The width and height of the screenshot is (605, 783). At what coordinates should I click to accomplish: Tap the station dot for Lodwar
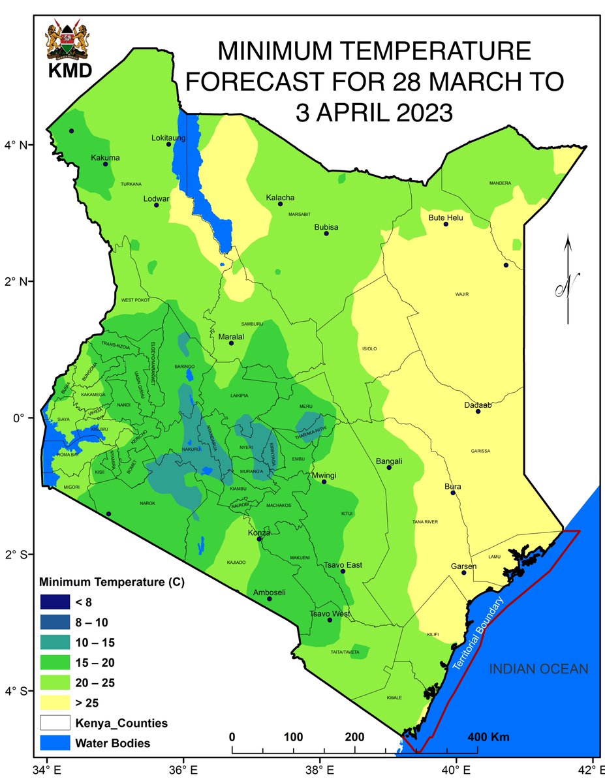pos(157,205)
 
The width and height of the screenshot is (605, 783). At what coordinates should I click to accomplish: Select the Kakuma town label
pos(106,157)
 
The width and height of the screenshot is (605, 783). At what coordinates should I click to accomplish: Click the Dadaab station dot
pos(478,411)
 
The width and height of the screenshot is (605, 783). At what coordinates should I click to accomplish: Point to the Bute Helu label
pos(445,217)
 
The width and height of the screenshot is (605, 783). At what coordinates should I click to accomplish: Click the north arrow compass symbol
pos(568,281)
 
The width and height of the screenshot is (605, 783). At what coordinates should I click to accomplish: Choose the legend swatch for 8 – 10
pos(57,619)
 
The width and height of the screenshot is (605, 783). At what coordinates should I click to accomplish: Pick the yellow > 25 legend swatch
pos(57,703)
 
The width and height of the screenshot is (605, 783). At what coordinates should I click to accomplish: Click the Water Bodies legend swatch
pos(57,743)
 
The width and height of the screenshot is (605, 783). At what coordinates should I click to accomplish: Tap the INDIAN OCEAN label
pos(539,669)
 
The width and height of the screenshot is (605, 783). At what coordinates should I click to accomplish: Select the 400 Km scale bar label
pos(489,737)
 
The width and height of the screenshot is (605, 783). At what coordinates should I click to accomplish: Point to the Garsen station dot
pos(464,572)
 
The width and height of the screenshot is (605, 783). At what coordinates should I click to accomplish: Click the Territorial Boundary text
pos(479,634)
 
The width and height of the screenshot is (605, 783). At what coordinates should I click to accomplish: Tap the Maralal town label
pos(230,337)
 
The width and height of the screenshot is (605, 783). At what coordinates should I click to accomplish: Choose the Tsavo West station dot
pos(330,620)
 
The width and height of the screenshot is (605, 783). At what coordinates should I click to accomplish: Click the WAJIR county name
pos(462,295)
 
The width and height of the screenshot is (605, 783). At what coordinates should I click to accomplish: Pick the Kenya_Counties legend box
pos(57,723)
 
